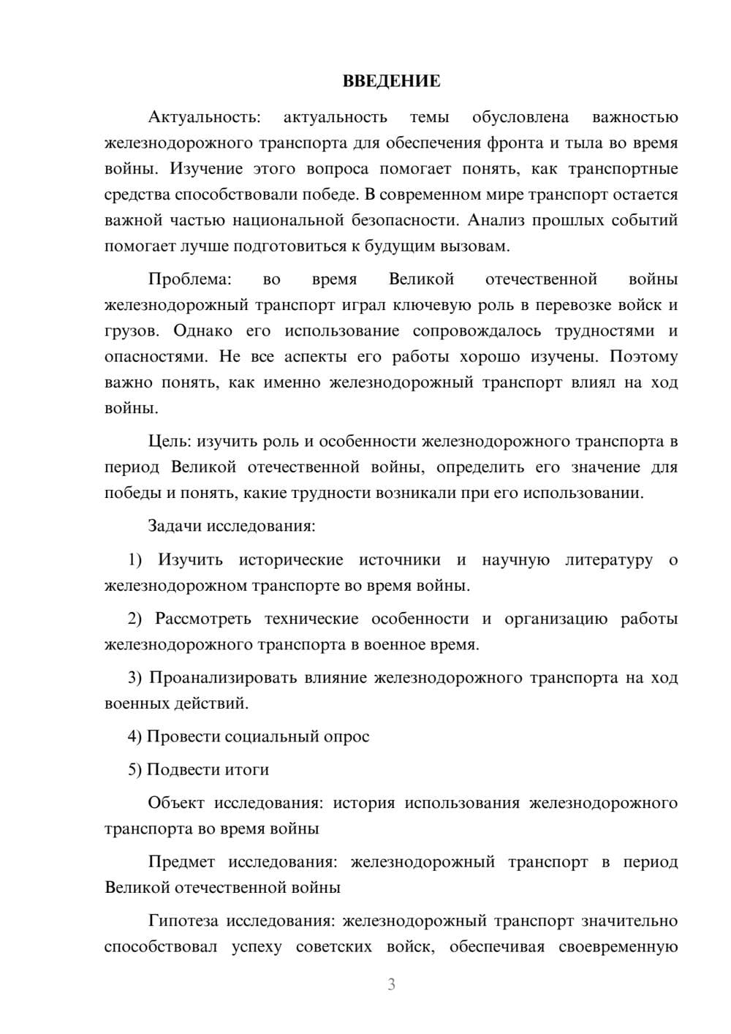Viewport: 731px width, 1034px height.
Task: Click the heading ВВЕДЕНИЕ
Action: tap(391, 81)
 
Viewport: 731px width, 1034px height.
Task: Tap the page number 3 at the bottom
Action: tap(391, 984)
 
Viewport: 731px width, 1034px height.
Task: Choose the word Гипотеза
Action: tap(183, 921)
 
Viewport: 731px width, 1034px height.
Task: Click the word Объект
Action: tap(176, 803)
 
